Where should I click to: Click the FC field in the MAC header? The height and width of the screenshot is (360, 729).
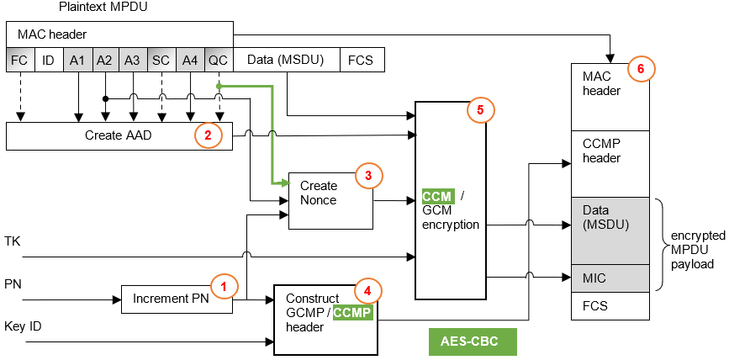click(18, 60)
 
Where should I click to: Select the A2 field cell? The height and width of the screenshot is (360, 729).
click(104, 60)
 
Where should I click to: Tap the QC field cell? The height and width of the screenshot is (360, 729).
click(218, 60)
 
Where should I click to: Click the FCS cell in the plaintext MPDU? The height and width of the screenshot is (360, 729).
click(362, 60)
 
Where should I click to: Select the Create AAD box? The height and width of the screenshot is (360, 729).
click(118, 135)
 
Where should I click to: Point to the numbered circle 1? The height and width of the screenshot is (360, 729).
click(223, 285)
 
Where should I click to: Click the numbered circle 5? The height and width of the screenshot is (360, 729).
click(480, 109)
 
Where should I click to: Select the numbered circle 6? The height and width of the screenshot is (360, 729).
click(641, 69)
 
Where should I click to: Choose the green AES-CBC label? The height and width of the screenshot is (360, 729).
click(472, 341)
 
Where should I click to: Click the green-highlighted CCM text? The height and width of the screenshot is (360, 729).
click(437, 197)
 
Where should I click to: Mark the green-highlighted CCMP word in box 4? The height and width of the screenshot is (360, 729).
click(352, 313)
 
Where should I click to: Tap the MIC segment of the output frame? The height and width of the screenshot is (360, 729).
click(610, 277)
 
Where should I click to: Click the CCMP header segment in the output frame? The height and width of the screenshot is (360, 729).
click(610, 151)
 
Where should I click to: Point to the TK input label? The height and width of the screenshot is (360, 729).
click(12, 241)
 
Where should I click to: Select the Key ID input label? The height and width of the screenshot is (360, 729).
click(22, 326)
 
